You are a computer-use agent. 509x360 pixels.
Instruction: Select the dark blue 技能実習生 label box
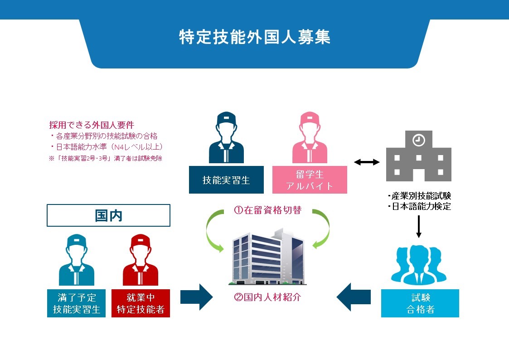tap(226, 180)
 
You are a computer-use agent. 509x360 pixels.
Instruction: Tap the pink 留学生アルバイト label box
tap(310, 180)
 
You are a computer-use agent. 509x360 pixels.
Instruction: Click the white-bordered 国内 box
tap(109, 215)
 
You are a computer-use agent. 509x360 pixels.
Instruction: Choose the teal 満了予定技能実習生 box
tap(76, 303)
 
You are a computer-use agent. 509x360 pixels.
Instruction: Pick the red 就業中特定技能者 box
tap(141, 303)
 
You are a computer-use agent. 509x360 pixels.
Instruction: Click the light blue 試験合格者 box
tap(420, 303)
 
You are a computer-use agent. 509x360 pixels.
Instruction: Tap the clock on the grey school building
tap(418, 141)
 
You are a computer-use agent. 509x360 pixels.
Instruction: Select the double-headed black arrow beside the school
tap(367, 162)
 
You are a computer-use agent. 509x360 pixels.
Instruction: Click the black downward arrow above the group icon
tap(419, 227)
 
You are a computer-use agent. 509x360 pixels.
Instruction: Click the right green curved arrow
tap(322, 229)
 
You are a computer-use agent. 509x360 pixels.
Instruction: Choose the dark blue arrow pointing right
tap(196, 297)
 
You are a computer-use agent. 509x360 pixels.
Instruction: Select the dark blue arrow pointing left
tap(353, 297)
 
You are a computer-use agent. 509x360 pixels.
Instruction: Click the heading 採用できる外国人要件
tap(92, 125)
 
